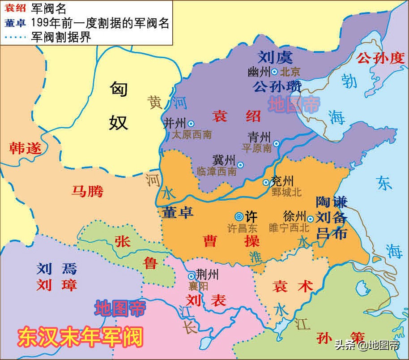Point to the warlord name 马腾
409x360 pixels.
87,191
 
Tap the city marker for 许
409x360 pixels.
239,215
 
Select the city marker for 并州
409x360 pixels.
191,124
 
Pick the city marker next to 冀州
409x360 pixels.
240,165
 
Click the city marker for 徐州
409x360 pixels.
310,219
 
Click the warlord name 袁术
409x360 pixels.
293,286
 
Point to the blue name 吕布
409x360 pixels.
332,233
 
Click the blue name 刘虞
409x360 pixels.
275,57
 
